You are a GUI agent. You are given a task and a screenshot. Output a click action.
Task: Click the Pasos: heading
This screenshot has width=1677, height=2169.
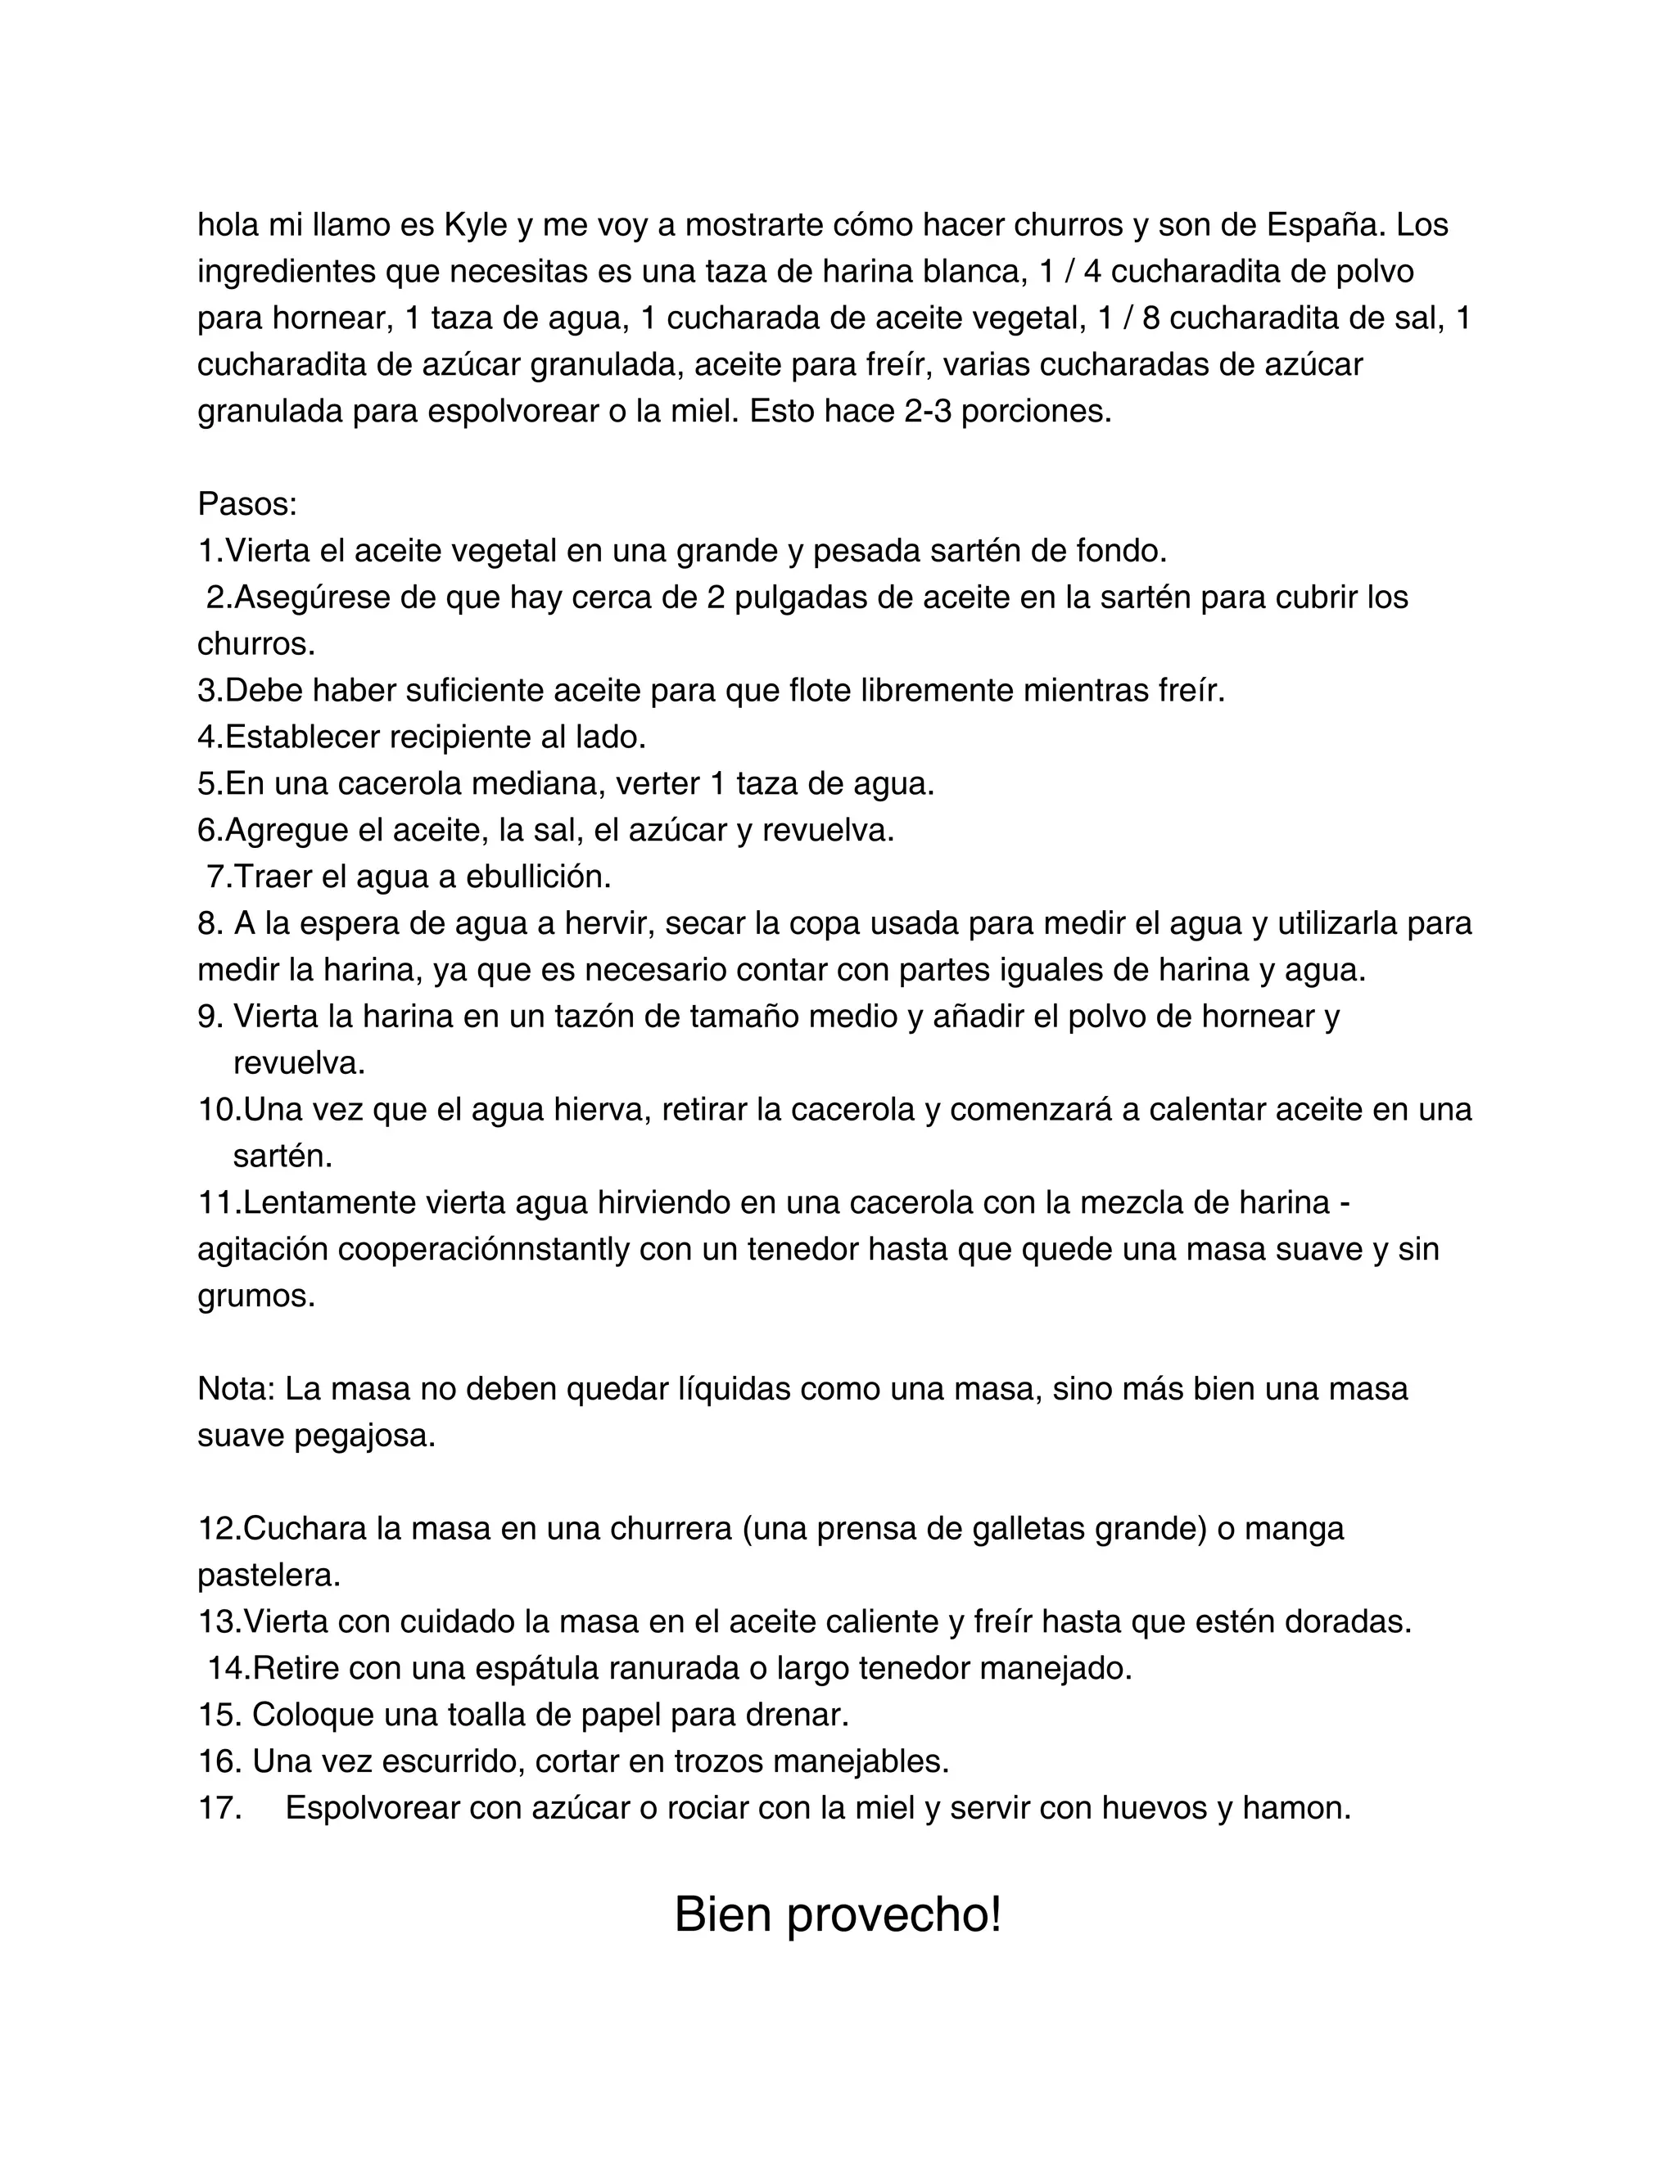click(x=247, y=504)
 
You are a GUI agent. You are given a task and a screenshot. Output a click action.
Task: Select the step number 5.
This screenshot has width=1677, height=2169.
click(x=208, y=783)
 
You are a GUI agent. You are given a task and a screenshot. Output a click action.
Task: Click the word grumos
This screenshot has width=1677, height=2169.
click(x=255, y=1296)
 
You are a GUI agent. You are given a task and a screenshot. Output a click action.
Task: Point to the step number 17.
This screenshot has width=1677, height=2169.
click(x=220, y=1807)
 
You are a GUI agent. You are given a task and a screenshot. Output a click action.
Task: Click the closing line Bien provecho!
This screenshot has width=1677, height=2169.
click(x=838, y=1914)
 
